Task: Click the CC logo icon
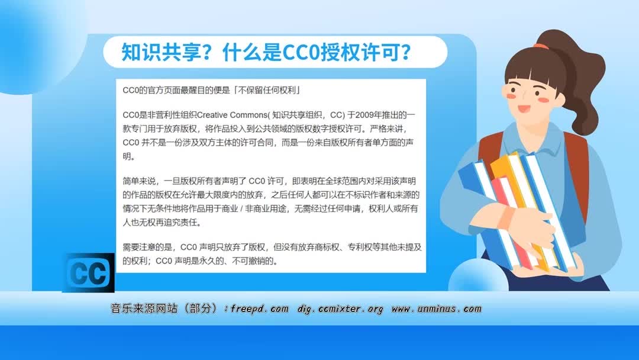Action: [88, 273]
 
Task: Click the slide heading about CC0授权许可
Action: [266, 52]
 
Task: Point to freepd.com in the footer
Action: [260, 309]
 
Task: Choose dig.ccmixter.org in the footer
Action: [340, 309]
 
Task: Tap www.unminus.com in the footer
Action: [437, 309]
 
